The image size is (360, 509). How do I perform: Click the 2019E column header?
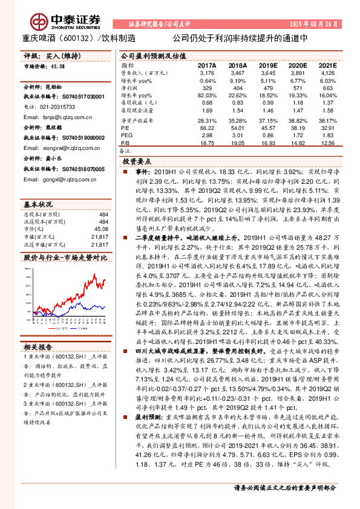coord(268,65)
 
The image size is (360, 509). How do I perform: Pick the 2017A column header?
coord(207,65)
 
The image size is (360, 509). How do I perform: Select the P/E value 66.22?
coord(207,128)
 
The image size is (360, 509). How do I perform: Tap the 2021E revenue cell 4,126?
coord(327,72)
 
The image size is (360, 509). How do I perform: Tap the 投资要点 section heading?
coord(137,163)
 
